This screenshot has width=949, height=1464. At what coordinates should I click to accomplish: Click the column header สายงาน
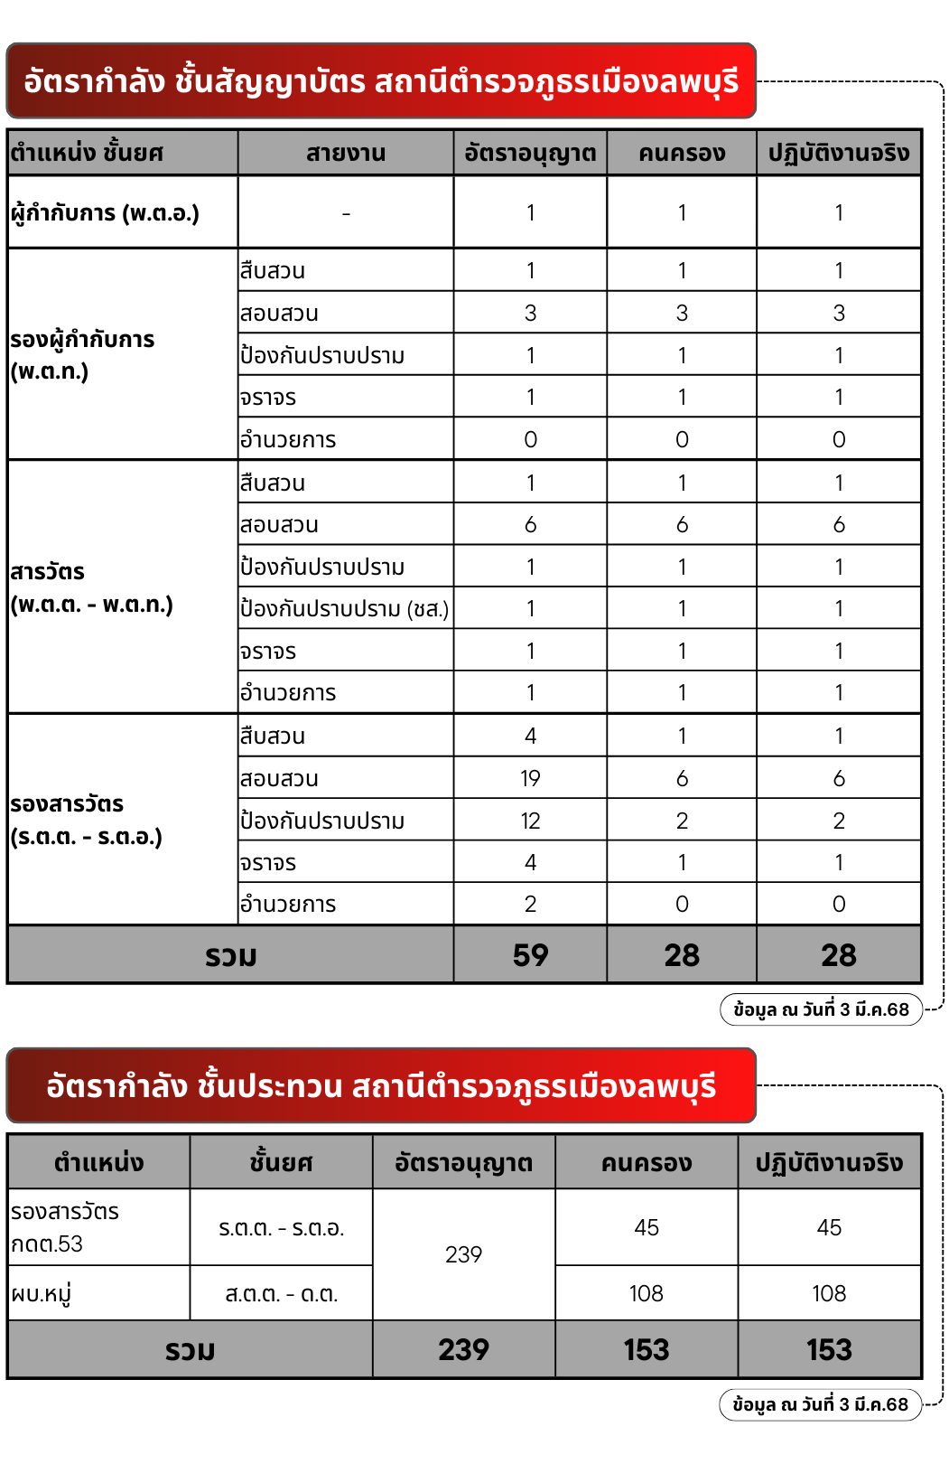[x=346, y=153]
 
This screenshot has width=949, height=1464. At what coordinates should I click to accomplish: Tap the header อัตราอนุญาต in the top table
[x=530, y=153]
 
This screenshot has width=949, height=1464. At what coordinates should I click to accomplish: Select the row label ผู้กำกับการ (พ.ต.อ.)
[x=105, y=213]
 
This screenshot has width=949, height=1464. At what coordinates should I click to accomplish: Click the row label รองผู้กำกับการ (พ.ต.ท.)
[x=82, y=355]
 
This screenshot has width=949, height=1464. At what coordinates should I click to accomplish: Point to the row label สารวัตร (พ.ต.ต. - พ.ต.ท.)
[x=91, y=587]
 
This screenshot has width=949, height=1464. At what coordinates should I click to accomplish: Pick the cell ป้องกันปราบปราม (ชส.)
[x=344, y=609]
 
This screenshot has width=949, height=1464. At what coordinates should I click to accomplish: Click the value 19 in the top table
[x=530, y=778]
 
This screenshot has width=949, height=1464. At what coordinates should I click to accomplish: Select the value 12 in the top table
[x=530, y=821]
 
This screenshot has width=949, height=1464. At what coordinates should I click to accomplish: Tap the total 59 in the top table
[x=530, y=955]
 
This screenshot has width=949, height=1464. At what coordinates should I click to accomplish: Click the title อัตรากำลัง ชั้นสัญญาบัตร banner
[x=381, y=81]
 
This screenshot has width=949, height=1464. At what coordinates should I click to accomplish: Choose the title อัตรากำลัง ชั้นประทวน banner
[x=381, y=1085]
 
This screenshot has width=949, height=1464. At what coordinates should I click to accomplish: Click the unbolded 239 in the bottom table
[x=463, y=1254]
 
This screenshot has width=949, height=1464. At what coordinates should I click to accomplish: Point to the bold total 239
[x=463, y=1349]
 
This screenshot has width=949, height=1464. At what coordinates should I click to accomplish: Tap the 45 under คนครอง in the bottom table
[x=647, y=1227]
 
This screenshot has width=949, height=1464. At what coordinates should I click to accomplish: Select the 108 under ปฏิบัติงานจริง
[x=829, y=1293]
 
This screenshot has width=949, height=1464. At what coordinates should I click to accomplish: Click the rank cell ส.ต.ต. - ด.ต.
[x=281, y=1294]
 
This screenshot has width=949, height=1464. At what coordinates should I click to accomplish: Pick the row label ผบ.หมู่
[x=42, y=1294]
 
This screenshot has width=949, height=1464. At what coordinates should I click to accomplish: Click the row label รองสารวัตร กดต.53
[x=65, y=1227]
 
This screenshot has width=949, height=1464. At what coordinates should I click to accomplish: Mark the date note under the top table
[x=821, y=1009]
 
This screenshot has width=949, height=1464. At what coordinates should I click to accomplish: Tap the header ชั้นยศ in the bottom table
[x=281, y=1162]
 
